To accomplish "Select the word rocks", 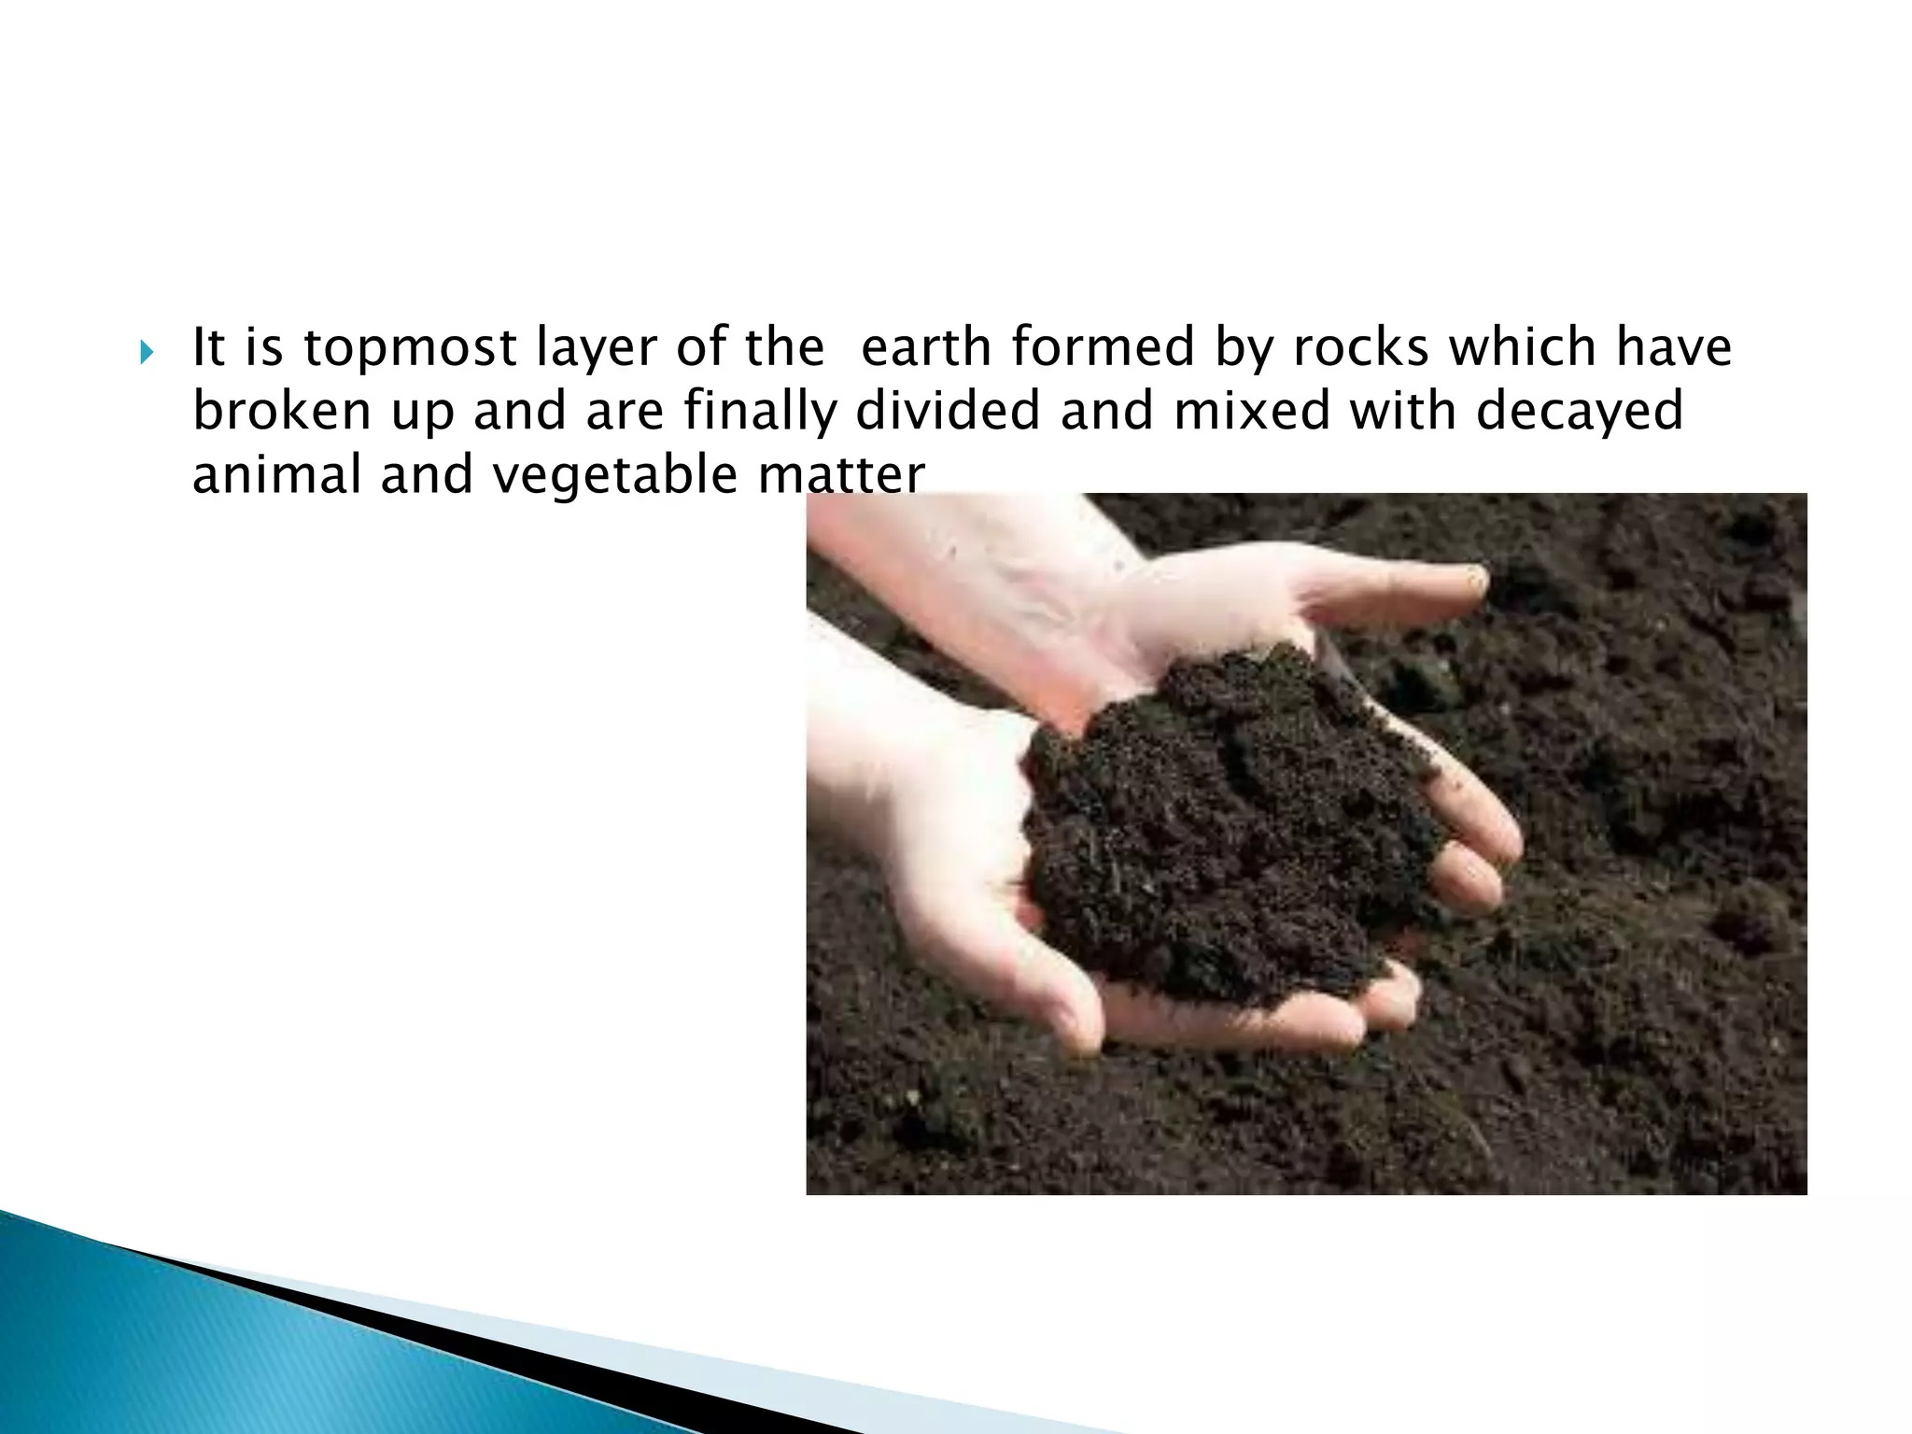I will [x=1359, y=347].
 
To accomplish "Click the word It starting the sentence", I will [x=208, y=347].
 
